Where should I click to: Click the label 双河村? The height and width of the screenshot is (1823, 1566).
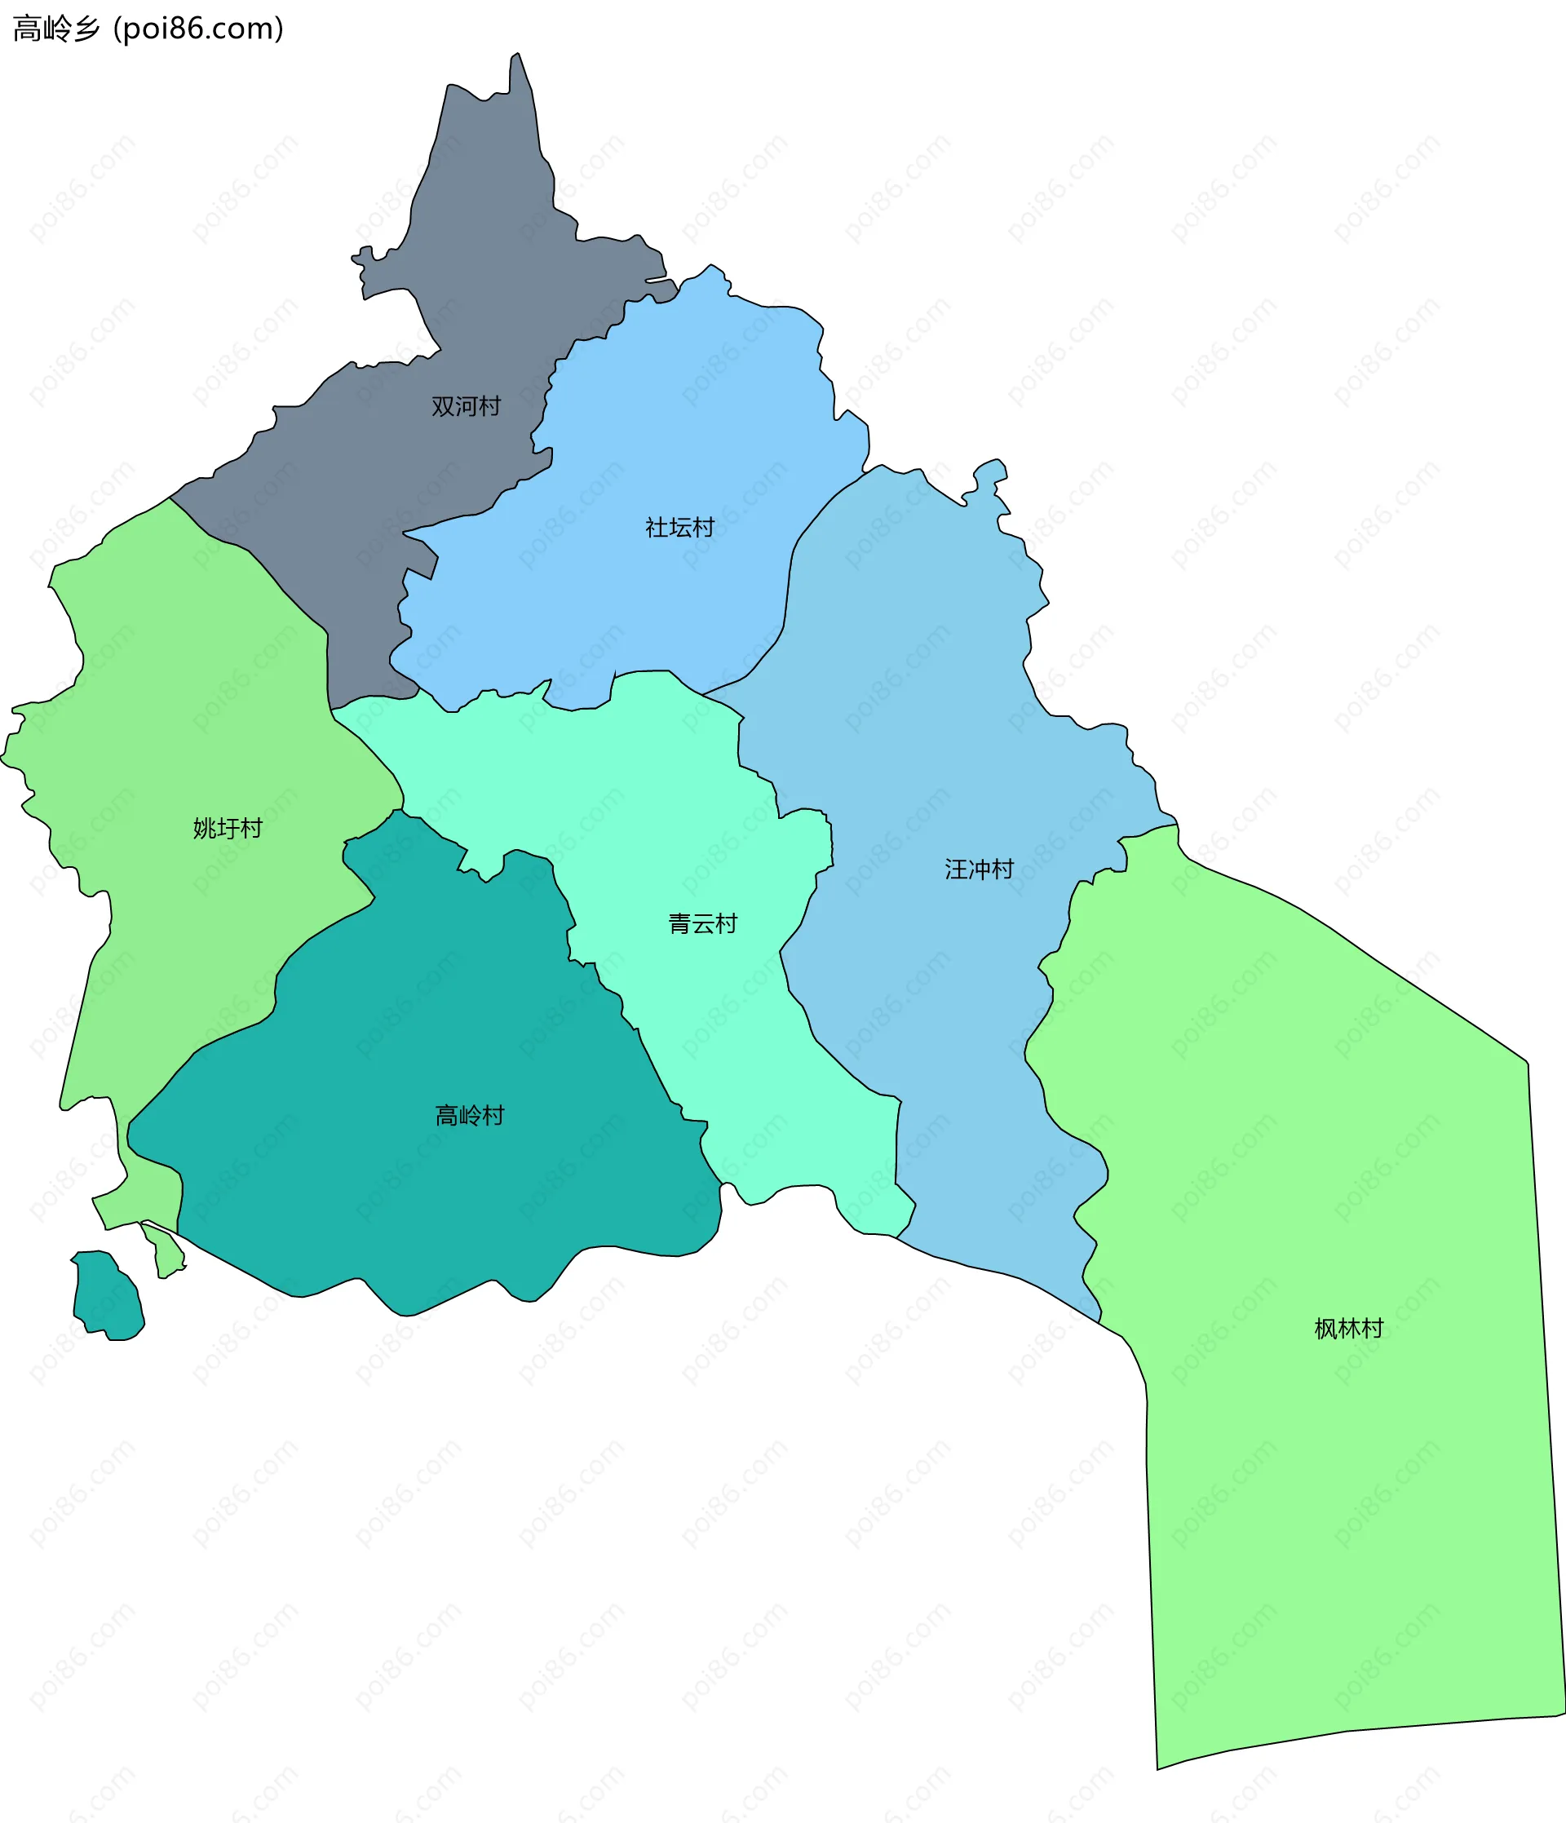pos(466,406)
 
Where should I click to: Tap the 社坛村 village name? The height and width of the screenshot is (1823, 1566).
pos(679,528)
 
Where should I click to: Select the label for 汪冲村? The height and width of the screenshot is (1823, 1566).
pos(980,870)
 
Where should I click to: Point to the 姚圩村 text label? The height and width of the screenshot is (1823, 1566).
pos(228,829)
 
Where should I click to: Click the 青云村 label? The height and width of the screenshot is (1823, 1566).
pos(702,924)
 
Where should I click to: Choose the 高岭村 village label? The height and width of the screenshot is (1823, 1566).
pos(470,1116)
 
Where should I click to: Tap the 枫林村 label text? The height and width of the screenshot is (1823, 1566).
pos(1349,1329)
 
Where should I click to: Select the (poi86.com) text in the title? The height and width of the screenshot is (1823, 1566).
pos(199,29)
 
